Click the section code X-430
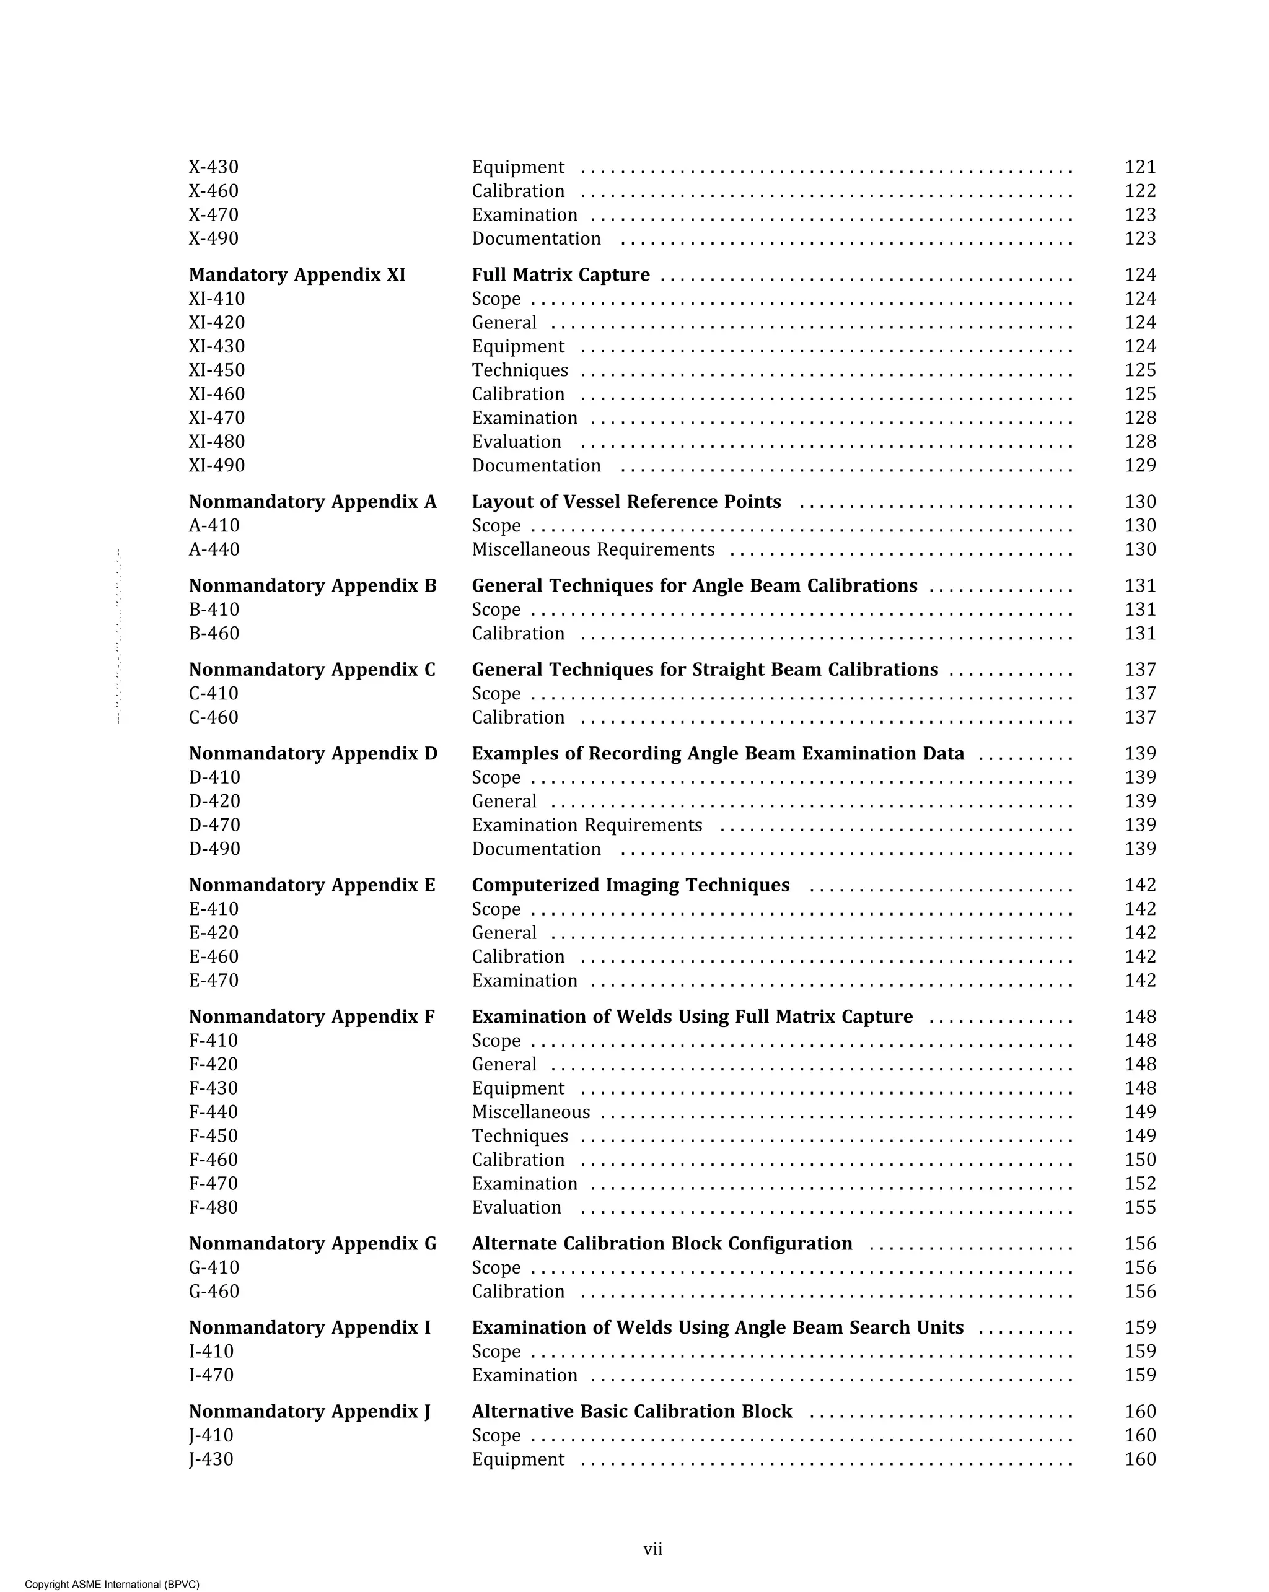(214, 168)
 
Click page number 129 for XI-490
(1139, 465)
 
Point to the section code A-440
(214, 549)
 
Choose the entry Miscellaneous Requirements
(593, 549)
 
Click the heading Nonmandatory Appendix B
(312, 585)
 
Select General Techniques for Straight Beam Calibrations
(705, 670)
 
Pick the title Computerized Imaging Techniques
(631, 885)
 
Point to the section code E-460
(214, 957)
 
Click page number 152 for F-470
(1139, 1184)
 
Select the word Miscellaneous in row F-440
(531, 1112)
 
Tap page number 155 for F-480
(1139, 1207)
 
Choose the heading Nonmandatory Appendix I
(309, 1327)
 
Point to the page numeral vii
(653, 1549)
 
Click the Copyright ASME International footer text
(112, 1584)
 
